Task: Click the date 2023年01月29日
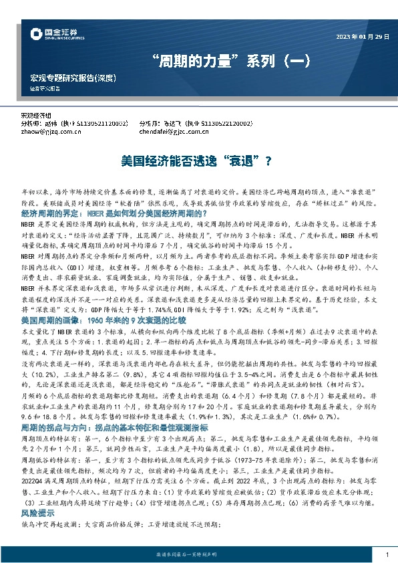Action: [362, 35]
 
